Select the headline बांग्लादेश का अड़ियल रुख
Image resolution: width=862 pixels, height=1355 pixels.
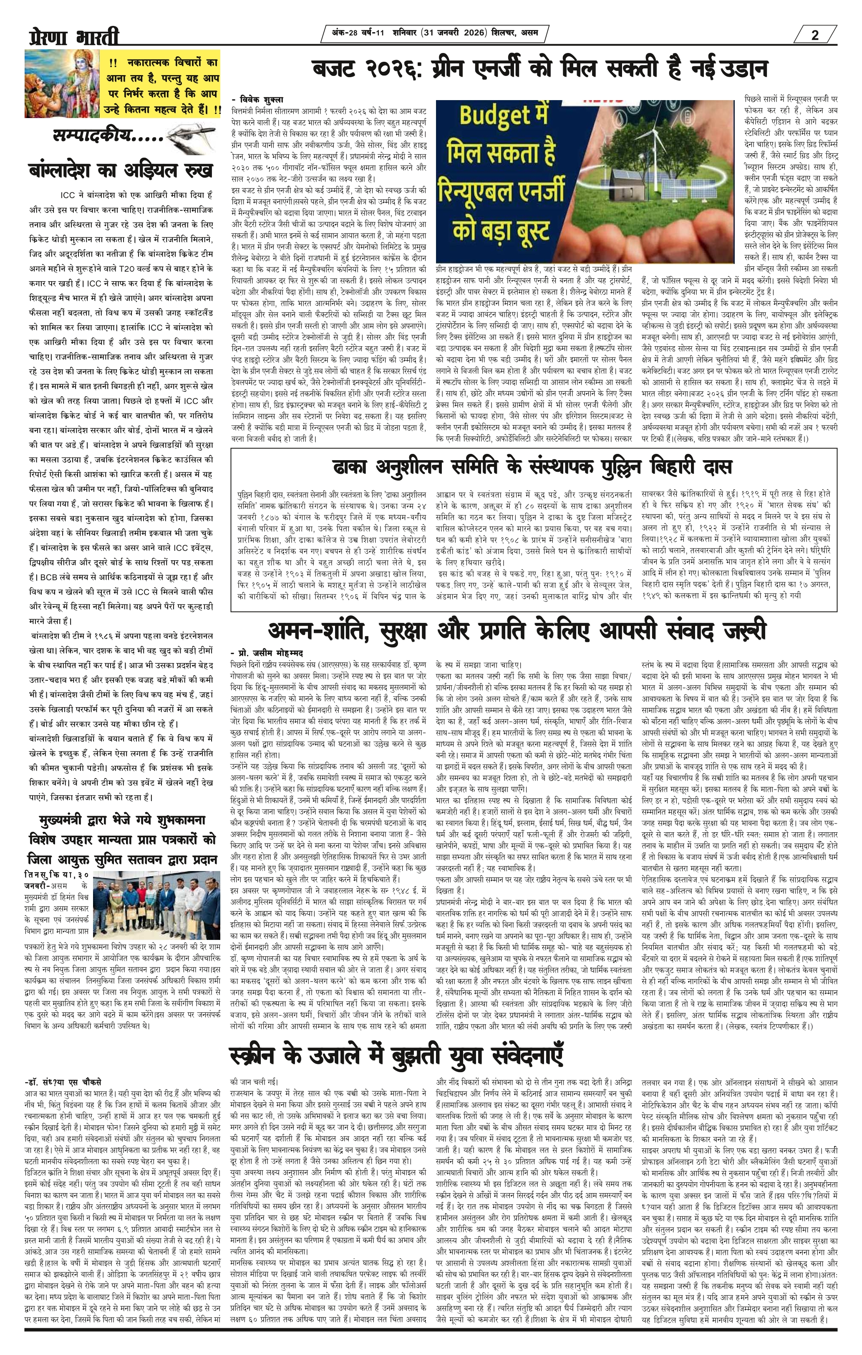pyautogui.click(x=121, y=170)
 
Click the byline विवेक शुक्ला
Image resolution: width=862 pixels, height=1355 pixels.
pyautogui.click(x=259, y=98)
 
